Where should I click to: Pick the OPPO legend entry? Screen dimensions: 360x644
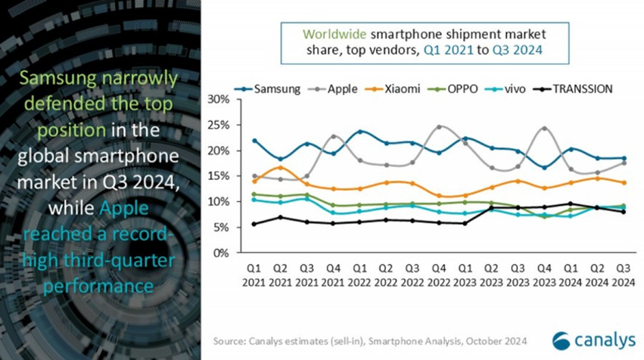[459, 88]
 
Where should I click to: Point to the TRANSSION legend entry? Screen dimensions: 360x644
[579, 88]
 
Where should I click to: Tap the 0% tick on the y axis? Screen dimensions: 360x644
[221, 253]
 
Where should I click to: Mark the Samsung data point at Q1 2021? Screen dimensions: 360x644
[255, 141]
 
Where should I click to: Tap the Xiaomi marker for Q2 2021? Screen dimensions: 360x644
[281, 167]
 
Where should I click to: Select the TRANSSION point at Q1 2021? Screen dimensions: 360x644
[255, 224]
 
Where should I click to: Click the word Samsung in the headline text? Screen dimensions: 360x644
[66, 79]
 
